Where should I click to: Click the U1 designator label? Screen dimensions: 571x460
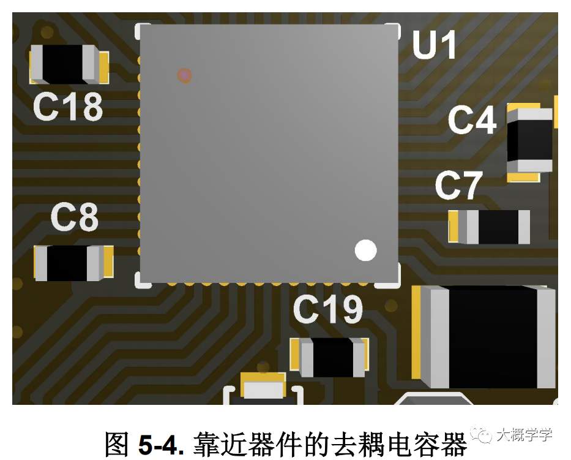pyautogui.click(x=435, y=45)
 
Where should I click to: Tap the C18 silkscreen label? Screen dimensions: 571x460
pyautogui.click(x=68, y=107)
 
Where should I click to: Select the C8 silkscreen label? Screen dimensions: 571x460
pyautogui.click(x=75, y=217)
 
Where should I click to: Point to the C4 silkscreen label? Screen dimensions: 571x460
pyautogui.click(x=472, y=120)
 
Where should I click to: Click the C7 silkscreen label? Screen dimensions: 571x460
pyautogui.click(x=459, y=186)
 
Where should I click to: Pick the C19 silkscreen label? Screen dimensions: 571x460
pyautogui.click(x=328, y=309)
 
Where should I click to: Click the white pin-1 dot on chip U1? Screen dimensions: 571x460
pyautogui.click(x=365, y=251)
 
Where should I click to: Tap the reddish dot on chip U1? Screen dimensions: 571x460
pyautogui.click(x=185, y=75)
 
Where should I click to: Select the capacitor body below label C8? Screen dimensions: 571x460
pyautogui.click(x=73, y=263)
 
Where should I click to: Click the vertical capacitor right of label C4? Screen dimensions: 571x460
pyautogui.click(x=530, y=141)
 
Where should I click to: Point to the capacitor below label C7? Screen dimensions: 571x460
pyautogui.click(x=489, y=227)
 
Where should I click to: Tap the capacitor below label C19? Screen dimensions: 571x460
pyautogui.click(x=329, y=357)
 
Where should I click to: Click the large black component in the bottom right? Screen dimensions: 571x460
pyautogui.click(x=483, y=337)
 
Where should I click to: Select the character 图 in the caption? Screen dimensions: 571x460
pyautogui.click(x=116, y=444)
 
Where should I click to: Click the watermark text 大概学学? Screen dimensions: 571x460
pyautogui.click(x=524, y=435)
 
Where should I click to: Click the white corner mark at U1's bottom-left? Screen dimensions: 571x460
pyautogui.click(x=141, y=281)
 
